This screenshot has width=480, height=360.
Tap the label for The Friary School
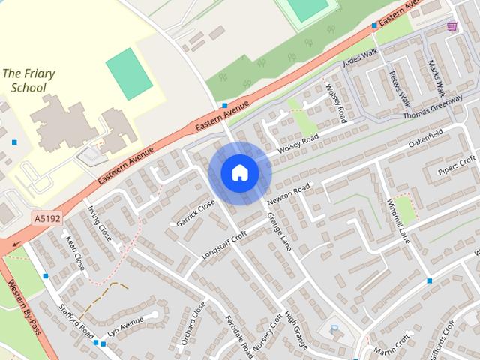(x=25, y=80)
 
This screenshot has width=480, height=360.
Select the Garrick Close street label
(x=196, y=213)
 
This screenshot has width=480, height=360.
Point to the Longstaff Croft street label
(x=224, y=245)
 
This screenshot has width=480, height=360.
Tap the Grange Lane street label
(x=279, y=232)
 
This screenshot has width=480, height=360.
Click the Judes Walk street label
(x=361, y=58)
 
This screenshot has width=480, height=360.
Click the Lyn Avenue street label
(x=124, y=326)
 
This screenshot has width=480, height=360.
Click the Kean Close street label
(x=75, y=253)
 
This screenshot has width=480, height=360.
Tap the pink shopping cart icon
(x=452, y=27)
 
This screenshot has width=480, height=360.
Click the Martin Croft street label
(x=392, y=346)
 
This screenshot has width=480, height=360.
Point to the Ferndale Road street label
(x=237, y=329)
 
